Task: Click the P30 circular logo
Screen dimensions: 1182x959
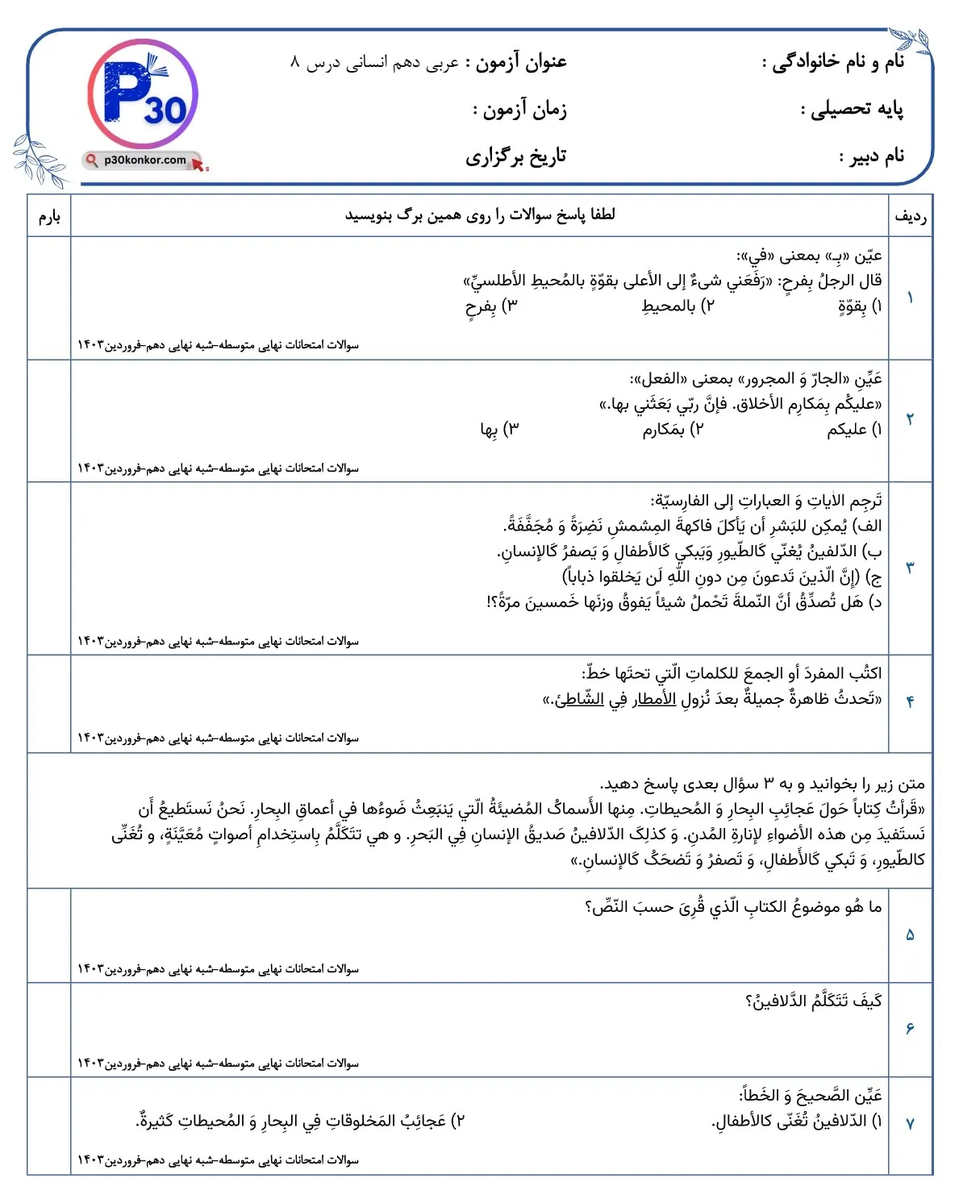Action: pyautogui.click(x=143, y=94)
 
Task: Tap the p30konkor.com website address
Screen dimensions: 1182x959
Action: pyautogui.click(x=144, y=160)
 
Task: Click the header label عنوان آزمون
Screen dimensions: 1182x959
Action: pyautogui.click(x=521, y=62)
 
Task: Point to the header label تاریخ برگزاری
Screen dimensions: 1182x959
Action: pyautogui.click(x=515, y=156)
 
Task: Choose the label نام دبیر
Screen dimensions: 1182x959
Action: pyautogui.click(x=872, y=156)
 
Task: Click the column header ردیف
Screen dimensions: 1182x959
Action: pyautogui.click(x=910, y=216)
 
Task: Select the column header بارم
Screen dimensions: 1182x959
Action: pyautogui.click(x=49, y=216)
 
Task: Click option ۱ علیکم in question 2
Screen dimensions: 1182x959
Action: pyautogui.click(x=854, y=430)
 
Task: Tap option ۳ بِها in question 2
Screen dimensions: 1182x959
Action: pyautogui.click(x=499, y=430)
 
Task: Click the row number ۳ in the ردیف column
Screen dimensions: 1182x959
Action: pyautogui.click(x=910, y=568)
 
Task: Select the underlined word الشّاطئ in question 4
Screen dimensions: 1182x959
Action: pyautogui.click(x=579, y=699)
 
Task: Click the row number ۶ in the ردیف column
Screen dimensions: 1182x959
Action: pyautogui.click(x=910, y=1029)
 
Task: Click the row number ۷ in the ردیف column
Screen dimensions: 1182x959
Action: pyautogui.click(x=910, y=1123)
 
